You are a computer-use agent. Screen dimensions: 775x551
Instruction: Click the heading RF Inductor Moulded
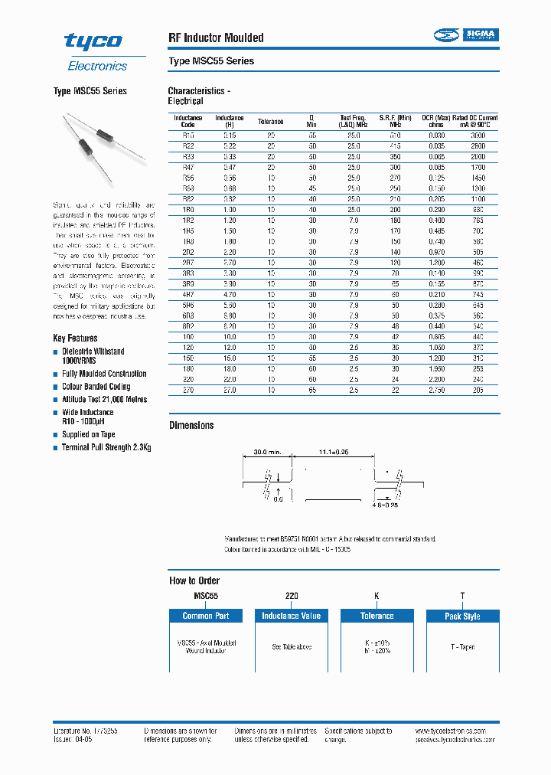coord(216,38)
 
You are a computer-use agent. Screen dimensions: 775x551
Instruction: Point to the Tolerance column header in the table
coord(270,121)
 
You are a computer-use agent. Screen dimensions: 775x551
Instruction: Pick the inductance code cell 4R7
coord(187,295)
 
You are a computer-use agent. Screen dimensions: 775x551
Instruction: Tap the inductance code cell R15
coord(187,135)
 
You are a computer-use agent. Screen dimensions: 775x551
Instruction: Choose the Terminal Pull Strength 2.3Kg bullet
coord(106,447)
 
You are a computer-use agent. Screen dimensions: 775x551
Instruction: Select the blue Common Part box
coord(205,616)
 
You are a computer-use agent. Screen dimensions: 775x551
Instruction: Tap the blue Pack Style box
coord(462,616)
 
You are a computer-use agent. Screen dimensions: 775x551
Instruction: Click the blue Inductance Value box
coord(291,616)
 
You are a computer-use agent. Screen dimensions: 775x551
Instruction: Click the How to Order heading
coord(194,580)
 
